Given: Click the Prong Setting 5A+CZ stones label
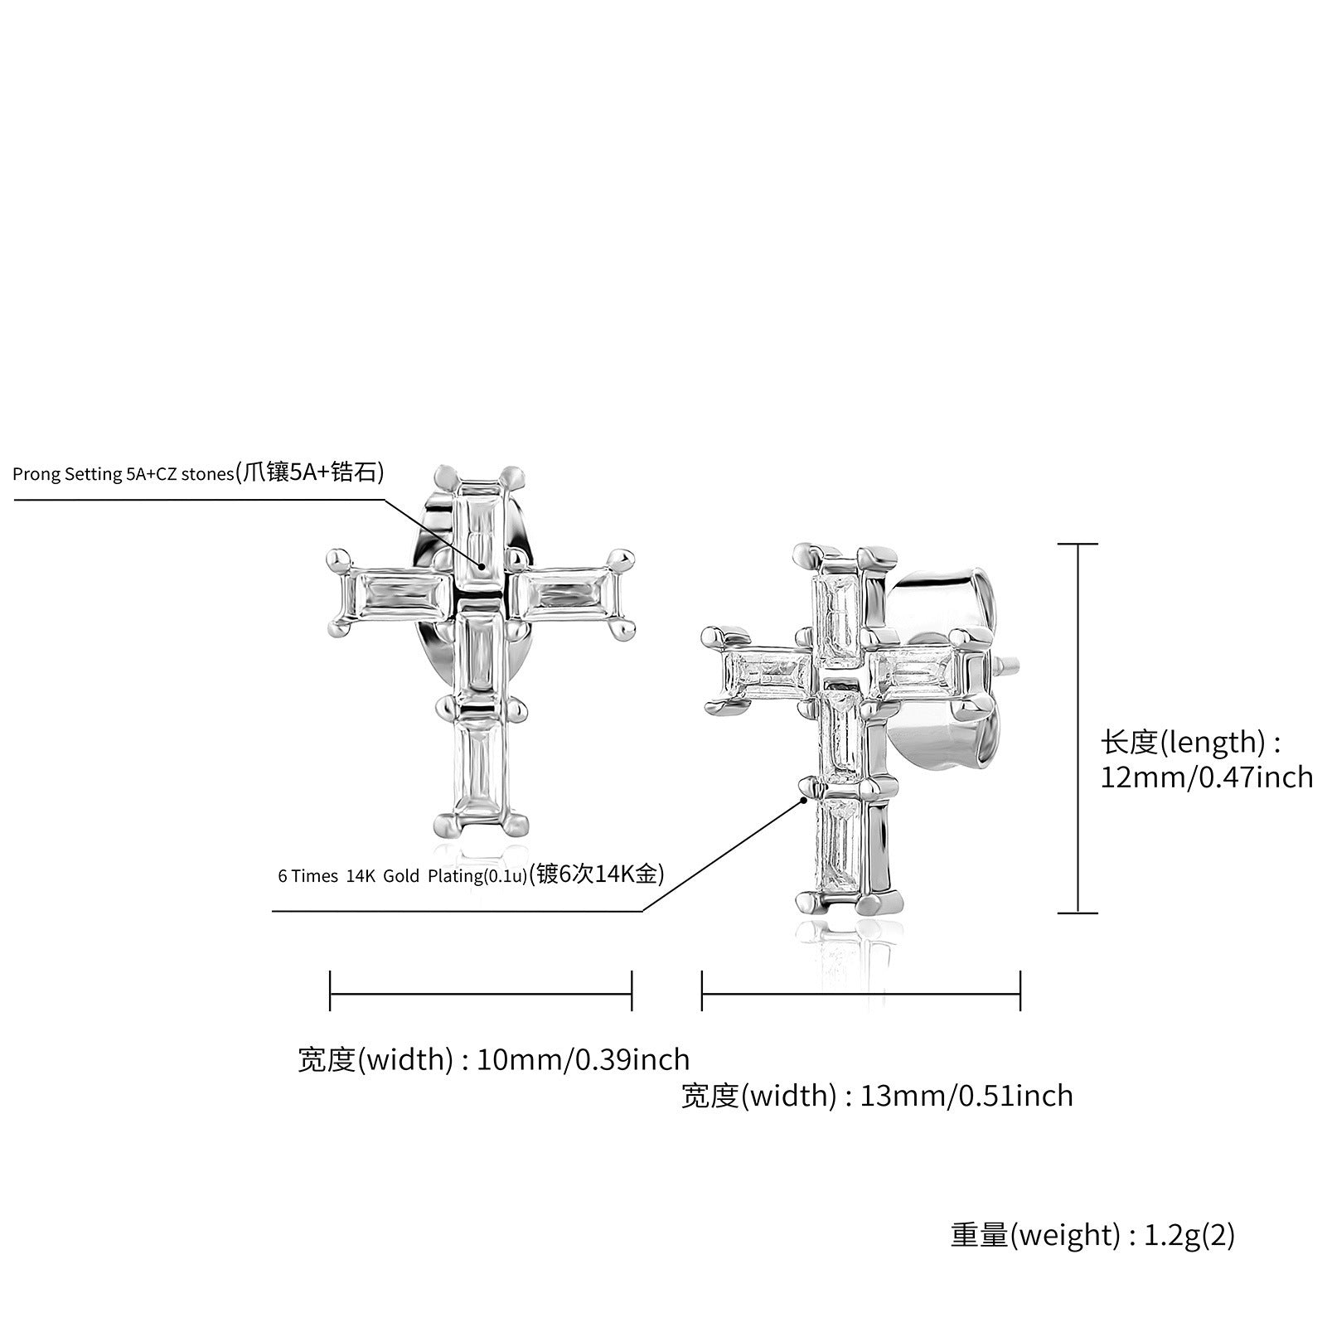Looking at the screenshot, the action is pos(198,473).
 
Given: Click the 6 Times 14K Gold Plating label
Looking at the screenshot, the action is pos(471,874).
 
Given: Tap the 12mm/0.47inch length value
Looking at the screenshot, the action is pos(1207,777).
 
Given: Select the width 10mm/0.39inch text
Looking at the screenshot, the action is pos(494,1060).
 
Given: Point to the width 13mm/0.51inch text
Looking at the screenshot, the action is pos(877,1096).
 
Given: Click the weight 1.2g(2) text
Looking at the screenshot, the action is pos(1092,1235).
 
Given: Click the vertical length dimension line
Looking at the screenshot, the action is pos(1078,729).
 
